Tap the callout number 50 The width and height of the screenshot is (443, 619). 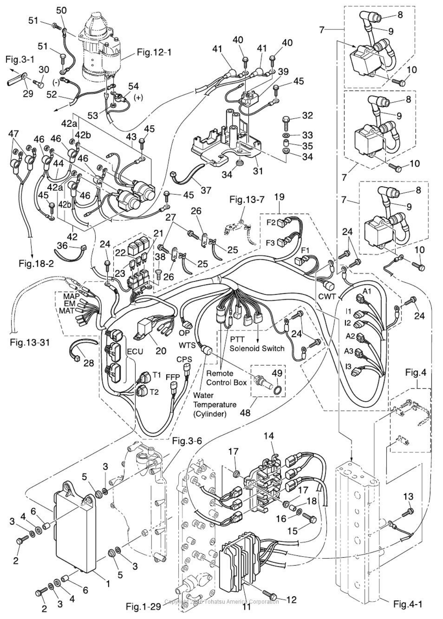[61, 10]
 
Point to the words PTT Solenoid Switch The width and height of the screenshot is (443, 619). [257, 344]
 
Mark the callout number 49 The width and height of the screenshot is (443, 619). [277, 373]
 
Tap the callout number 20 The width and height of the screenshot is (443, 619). [161, 350]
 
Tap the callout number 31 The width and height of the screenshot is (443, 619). [257, 171]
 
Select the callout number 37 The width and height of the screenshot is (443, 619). [205, 190]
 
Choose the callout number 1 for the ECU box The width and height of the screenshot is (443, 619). [108, 584]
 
